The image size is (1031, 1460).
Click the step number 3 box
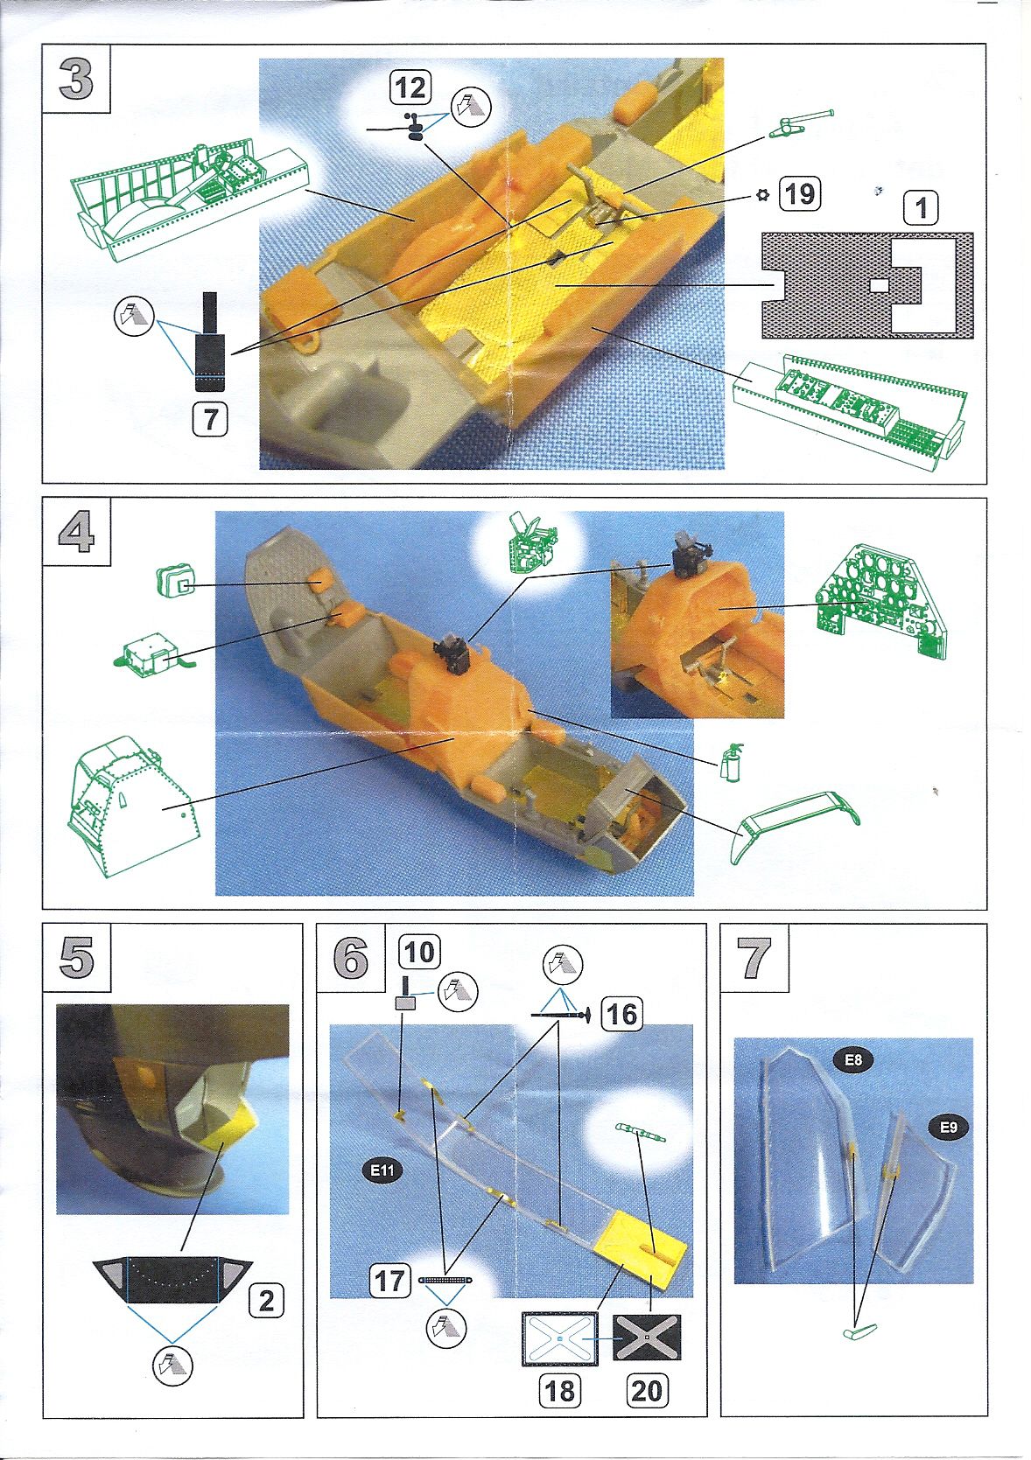pyautogui.click(x=76, y=80)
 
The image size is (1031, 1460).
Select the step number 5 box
pyautogui.click(x=76, y=958)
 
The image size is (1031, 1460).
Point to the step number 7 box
pyautogui.click(x=754, y=958)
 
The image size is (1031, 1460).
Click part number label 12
pyautogui.click(x=410, y=87)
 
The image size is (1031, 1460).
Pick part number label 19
pyautogui.click(x=799, y=193)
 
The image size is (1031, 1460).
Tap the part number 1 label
pyautogui.click(x=920, y=209)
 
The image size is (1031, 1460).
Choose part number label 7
pyautogui.click(x=210, y=420)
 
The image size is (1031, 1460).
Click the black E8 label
pyautogui.click(x=853, y=1061)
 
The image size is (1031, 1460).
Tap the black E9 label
pyautogui.click(x=949, y=1128)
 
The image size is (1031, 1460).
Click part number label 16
pyautogui.click(x=621, y=1014)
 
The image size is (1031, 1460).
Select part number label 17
pyautogui.click(x=389, y=1282)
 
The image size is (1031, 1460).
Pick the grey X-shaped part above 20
pyautogui.click(x=646, y=1338)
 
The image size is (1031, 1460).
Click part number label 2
pyautogui.click(x=266, y=1301)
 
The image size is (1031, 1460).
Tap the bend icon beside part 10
pyautogui.click(x=459, y=991)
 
